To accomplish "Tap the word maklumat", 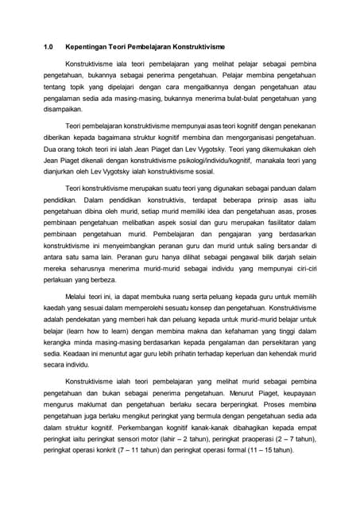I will pyautogui.click(x=91, y=414).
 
